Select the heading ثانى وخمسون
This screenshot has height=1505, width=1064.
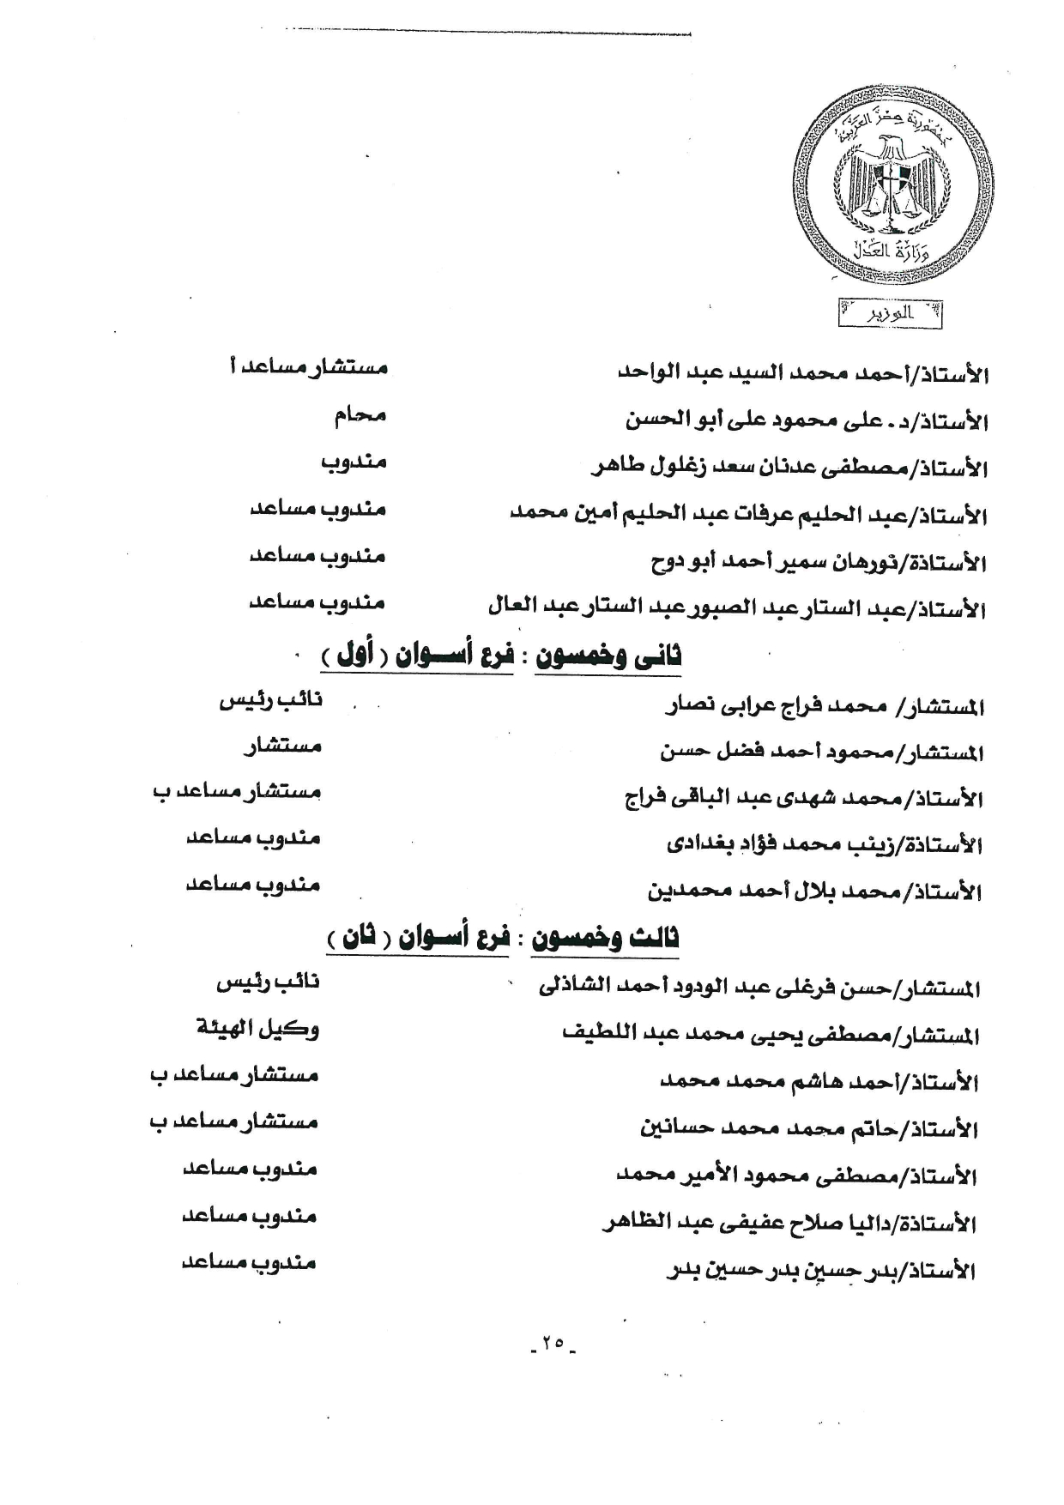point(608,656)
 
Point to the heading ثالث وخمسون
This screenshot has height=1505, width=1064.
point(605,937)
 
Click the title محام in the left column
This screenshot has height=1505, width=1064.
point(360,415)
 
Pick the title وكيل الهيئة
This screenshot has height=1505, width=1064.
point(257,1027)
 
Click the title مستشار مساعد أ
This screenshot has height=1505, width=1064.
point(309,368)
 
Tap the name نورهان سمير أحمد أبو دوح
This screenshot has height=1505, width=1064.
point(781,563)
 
